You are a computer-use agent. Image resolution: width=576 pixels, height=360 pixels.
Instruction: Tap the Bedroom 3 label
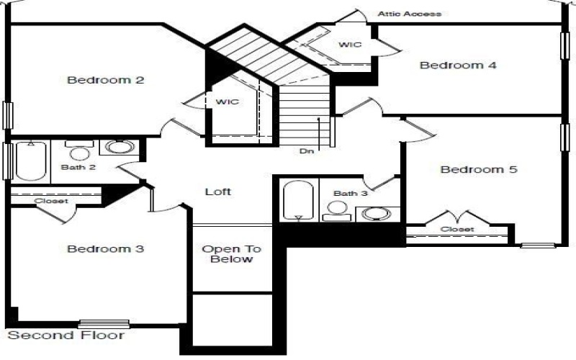coord(106,249)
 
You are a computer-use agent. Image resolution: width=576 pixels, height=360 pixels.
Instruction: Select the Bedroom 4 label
coord(458,66)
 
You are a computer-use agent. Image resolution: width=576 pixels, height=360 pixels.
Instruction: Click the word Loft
coord(218,192)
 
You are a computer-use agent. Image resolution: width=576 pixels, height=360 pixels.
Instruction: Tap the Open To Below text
coord(231,254)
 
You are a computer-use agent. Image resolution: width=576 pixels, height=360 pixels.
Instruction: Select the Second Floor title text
coord(66,336)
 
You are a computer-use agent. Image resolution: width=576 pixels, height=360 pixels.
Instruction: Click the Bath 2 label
coord(78,167)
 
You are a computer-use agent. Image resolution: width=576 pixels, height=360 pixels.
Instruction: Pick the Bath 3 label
coord(350,193)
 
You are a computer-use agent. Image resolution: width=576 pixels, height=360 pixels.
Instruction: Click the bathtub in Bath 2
coord(30,161)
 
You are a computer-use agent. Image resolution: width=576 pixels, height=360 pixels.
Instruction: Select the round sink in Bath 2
coord(118,148)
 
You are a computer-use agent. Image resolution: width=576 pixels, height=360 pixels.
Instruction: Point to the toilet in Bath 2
coord(78,150)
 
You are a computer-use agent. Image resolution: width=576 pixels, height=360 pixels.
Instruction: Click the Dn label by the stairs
coord(307,152)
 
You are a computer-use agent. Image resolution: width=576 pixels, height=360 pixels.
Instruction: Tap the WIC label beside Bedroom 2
coord(227,102)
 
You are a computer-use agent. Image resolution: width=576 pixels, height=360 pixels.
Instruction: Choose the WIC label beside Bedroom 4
coord(350,45)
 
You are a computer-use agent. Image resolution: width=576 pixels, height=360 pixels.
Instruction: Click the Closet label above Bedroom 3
coord(52,201)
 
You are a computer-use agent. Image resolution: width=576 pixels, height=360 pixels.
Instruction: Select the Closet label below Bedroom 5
coord(458,229)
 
